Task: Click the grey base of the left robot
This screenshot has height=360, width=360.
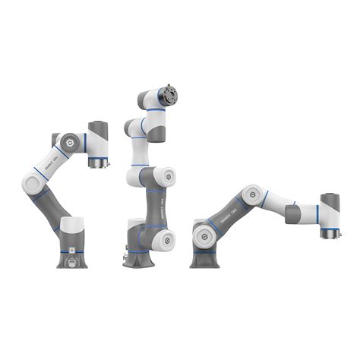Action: click(x=72, y=254)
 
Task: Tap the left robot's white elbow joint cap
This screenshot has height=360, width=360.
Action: click(x=33, y=182)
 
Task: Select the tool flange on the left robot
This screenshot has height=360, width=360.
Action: click(x=98, y=162)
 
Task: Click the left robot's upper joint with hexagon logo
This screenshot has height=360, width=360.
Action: click(x=69, y=142)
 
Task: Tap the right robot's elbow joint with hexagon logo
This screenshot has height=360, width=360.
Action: click(x=251, y=194)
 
